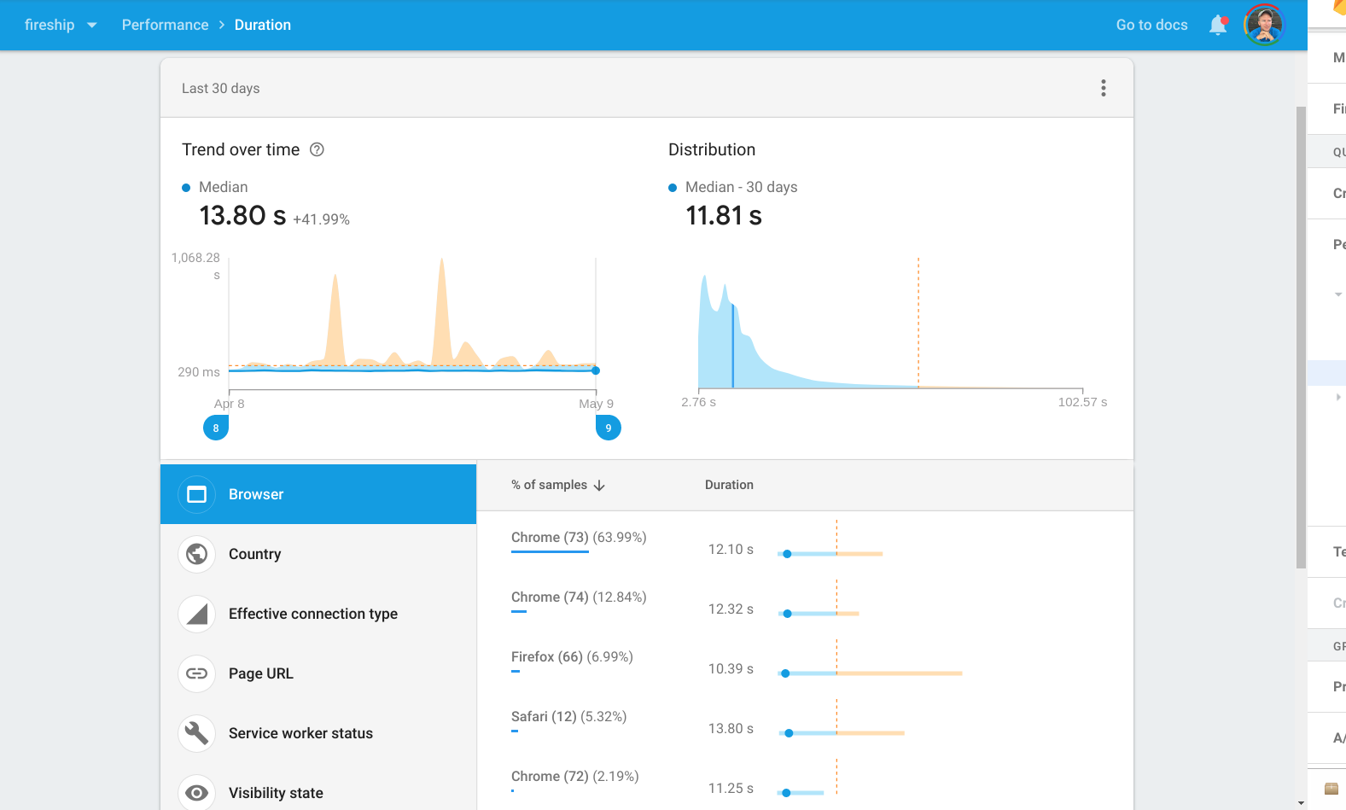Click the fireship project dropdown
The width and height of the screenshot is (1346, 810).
pos(60,25)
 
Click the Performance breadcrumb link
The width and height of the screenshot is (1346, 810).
pos(165,25)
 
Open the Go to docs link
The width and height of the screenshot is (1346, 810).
pos(1151,25)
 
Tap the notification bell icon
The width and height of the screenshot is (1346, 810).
pos(1218,26)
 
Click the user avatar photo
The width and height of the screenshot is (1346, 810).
pos(1264,25)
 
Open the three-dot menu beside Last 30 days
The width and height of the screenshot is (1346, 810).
pos(1104,88)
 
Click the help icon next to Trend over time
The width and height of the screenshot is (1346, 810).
pos(317,149)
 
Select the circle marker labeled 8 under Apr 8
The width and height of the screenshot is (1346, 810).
pos(216,428)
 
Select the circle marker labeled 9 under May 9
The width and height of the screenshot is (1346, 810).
pos(608,428)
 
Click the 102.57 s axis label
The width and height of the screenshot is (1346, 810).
pos(1082,402)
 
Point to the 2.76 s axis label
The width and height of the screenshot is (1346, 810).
pos(698,402)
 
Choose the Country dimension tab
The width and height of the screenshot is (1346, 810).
pos(254,554)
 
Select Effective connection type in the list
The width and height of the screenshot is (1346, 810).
pos(312,614)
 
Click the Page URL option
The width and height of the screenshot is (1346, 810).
pos(260,673)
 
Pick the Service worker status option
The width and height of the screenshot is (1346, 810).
pos(300,733)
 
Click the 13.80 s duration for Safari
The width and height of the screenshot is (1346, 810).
pos(731,728)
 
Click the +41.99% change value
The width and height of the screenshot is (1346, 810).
pos(321,219)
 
